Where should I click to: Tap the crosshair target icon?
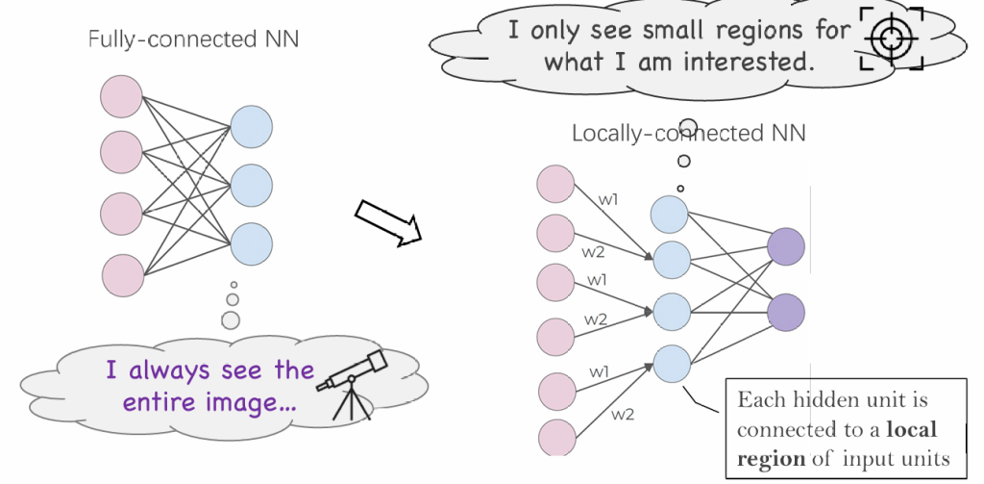coord(890,38)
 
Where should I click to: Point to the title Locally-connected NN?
coord(688,133)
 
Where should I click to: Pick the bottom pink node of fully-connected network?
coord(121,274)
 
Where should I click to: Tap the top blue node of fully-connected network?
coord(251,126)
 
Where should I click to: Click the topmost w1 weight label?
coord(608,200)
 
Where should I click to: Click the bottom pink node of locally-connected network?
coord(556,436)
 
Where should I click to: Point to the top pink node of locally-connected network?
coord(556,185)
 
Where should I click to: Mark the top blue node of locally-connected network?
coord(671,214)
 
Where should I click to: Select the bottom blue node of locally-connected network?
coord(671,364)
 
